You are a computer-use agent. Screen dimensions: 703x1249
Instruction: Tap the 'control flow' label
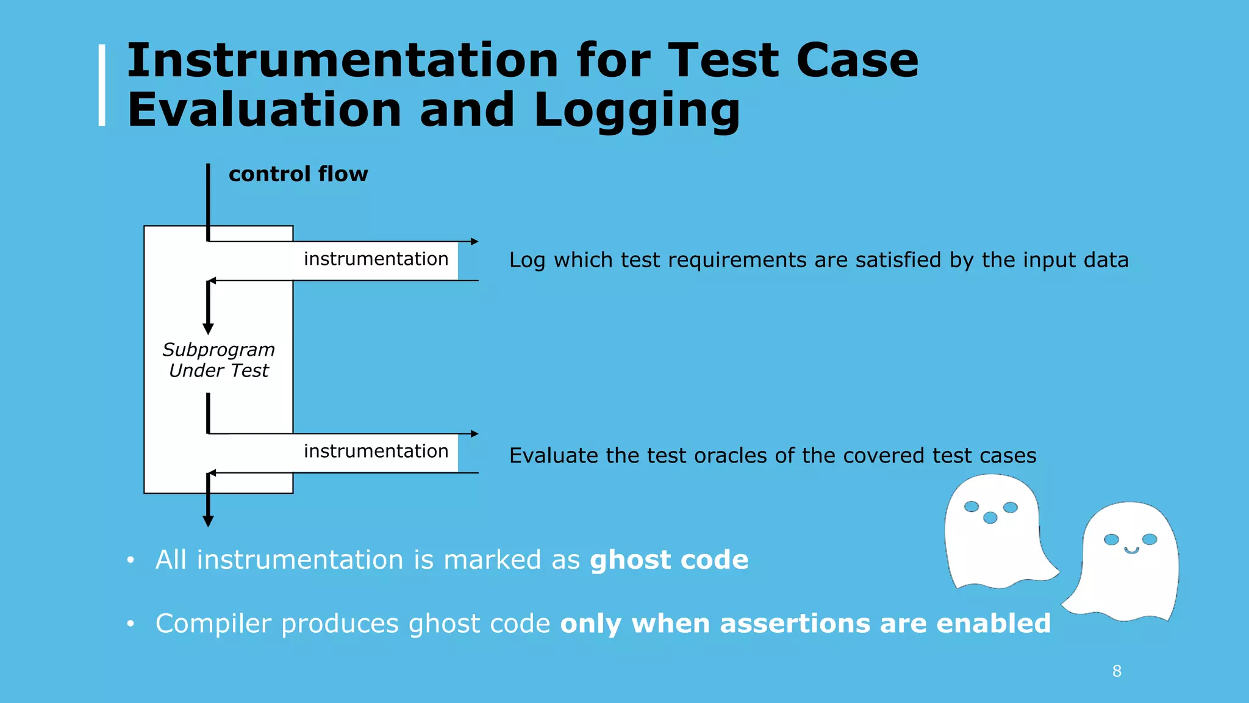point(298,174)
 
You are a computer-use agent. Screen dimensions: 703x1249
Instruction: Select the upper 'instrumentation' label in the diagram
point(376,259)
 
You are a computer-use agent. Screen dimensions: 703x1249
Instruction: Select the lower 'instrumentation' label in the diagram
point(376,451)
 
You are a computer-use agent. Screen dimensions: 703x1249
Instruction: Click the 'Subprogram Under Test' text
point(218,360)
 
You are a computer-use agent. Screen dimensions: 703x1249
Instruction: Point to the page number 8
point(1117,671)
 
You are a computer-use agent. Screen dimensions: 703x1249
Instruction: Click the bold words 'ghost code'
point(669,560)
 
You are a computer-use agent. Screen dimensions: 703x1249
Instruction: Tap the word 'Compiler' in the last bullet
point(213,624)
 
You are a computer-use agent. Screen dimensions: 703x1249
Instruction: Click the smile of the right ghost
point(1131,550)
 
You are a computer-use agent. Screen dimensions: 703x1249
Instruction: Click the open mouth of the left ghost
point(990,518)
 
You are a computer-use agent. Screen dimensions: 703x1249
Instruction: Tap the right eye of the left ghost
point(1011,508)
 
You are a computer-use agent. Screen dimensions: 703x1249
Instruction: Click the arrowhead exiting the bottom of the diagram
point(208,521)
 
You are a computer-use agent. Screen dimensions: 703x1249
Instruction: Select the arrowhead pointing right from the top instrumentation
point(474,242)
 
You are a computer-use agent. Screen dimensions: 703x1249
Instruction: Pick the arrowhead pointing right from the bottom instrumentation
point(474,434)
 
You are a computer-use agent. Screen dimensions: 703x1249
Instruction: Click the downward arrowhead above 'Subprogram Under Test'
point(208,329)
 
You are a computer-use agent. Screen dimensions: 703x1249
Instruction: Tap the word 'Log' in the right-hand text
point(526,261)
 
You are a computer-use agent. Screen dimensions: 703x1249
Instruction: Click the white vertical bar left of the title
point(102,85)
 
